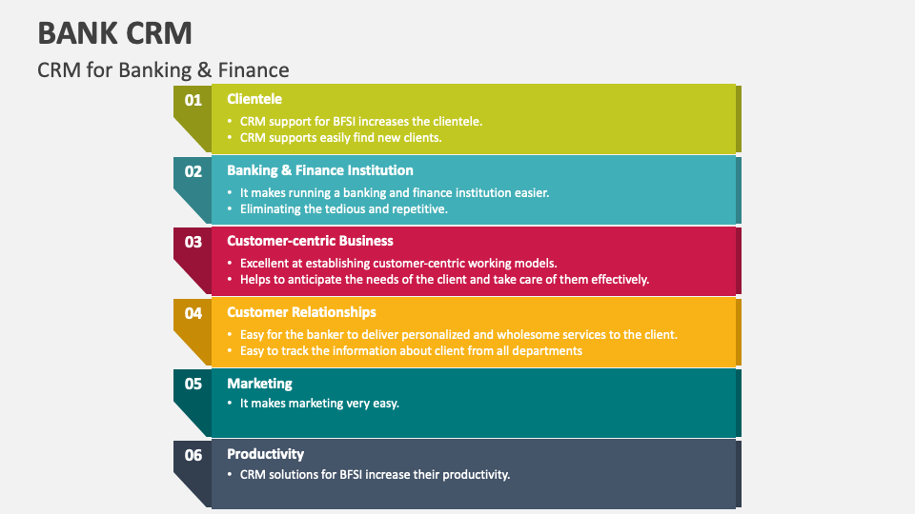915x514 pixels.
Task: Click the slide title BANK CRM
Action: tap(114, 32)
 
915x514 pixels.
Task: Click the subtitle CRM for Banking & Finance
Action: tap(163, 69)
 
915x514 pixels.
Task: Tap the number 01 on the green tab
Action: tap(193, 99)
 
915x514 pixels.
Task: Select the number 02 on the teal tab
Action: tap(193, 171)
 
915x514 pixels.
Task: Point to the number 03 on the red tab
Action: tap(193, 242)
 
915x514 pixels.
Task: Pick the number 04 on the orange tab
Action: tap(193, 313)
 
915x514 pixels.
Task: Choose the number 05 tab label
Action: tap(193, 384)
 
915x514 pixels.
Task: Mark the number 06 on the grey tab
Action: tap(193, 455)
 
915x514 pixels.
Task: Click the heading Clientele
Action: tap(254, 99)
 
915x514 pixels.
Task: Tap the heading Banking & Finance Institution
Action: tap(320, 170)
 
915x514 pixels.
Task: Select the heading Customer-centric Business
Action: tap(310, 241)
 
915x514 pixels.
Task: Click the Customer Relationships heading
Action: tap(301, 312)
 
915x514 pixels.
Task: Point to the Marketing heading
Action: tap(259, 384)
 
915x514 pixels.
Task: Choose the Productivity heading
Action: tap(266, 454)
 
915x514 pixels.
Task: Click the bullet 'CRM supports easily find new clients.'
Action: tap(340, 138)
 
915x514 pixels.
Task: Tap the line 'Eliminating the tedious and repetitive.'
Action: tap(343, 208)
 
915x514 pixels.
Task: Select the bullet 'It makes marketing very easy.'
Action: tap(319, 403)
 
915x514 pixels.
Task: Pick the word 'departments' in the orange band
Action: tap(547, 350)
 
